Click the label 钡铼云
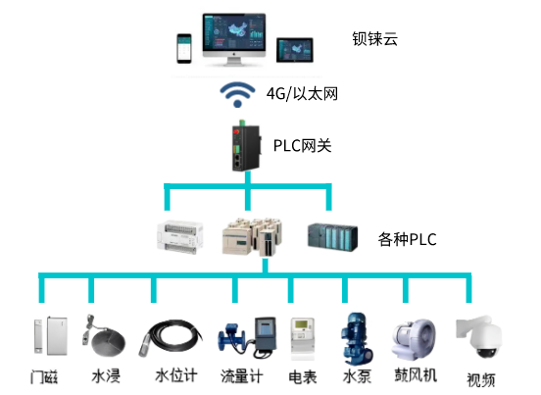click(x=374, y=40)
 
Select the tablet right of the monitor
click(x=296, y=49)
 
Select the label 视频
click(x=480, y=379)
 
